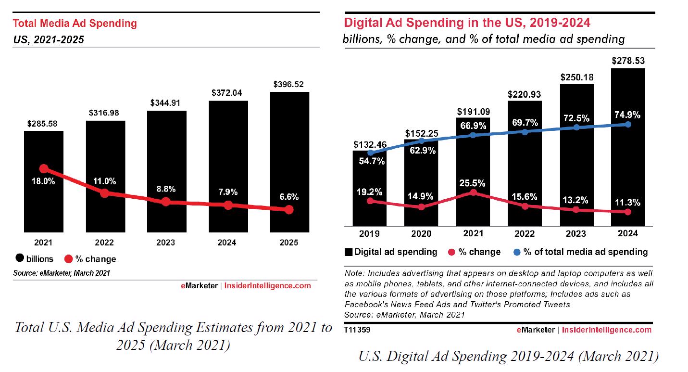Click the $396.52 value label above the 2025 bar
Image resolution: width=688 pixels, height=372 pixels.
pos(289,84)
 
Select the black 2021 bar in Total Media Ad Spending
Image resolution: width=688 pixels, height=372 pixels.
pos(44,202)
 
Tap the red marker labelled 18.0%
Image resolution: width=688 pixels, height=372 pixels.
pos(44,168)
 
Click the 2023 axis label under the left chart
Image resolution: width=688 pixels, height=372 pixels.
pos(166,242)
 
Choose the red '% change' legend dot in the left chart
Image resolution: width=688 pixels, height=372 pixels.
pos(68,259)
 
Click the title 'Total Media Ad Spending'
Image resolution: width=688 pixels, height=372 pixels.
pos(75,23)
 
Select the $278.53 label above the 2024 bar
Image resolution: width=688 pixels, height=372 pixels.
pos(627,61)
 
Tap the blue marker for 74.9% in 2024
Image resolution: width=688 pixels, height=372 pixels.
pos(627,124)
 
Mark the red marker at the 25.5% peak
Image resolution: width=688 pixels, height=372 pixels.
pos(473,192)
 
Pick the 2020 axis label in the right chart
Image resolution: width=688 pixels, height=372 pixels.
pos(421,233)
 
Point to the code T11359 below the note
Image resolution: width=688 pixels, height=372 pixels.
pos(357,330)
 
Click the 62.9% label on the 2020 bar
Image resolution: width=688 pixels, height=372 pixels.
pos(421,151)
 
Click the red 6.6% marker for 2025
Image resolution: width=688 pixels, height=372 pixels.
pos(289,210)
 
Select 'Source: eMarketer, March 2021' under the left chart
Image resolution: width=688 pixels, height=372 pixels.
pos(62,273)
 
